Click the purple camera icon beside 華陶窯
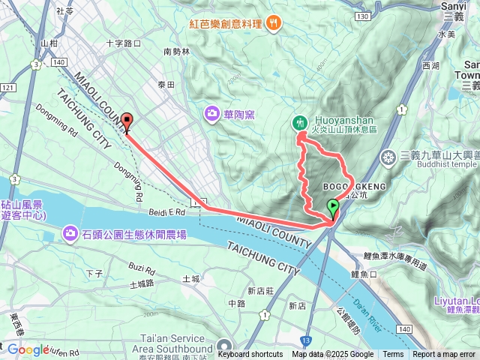[x=213, y=114]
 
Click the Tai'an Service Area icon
[x=223, y=346]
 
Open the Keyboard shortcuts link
[x=250, y=355]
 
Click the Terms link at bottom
[x=393, y=355]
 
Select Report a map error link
[x=445, y=355]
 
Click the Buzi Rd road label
[x=140, y=267]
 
